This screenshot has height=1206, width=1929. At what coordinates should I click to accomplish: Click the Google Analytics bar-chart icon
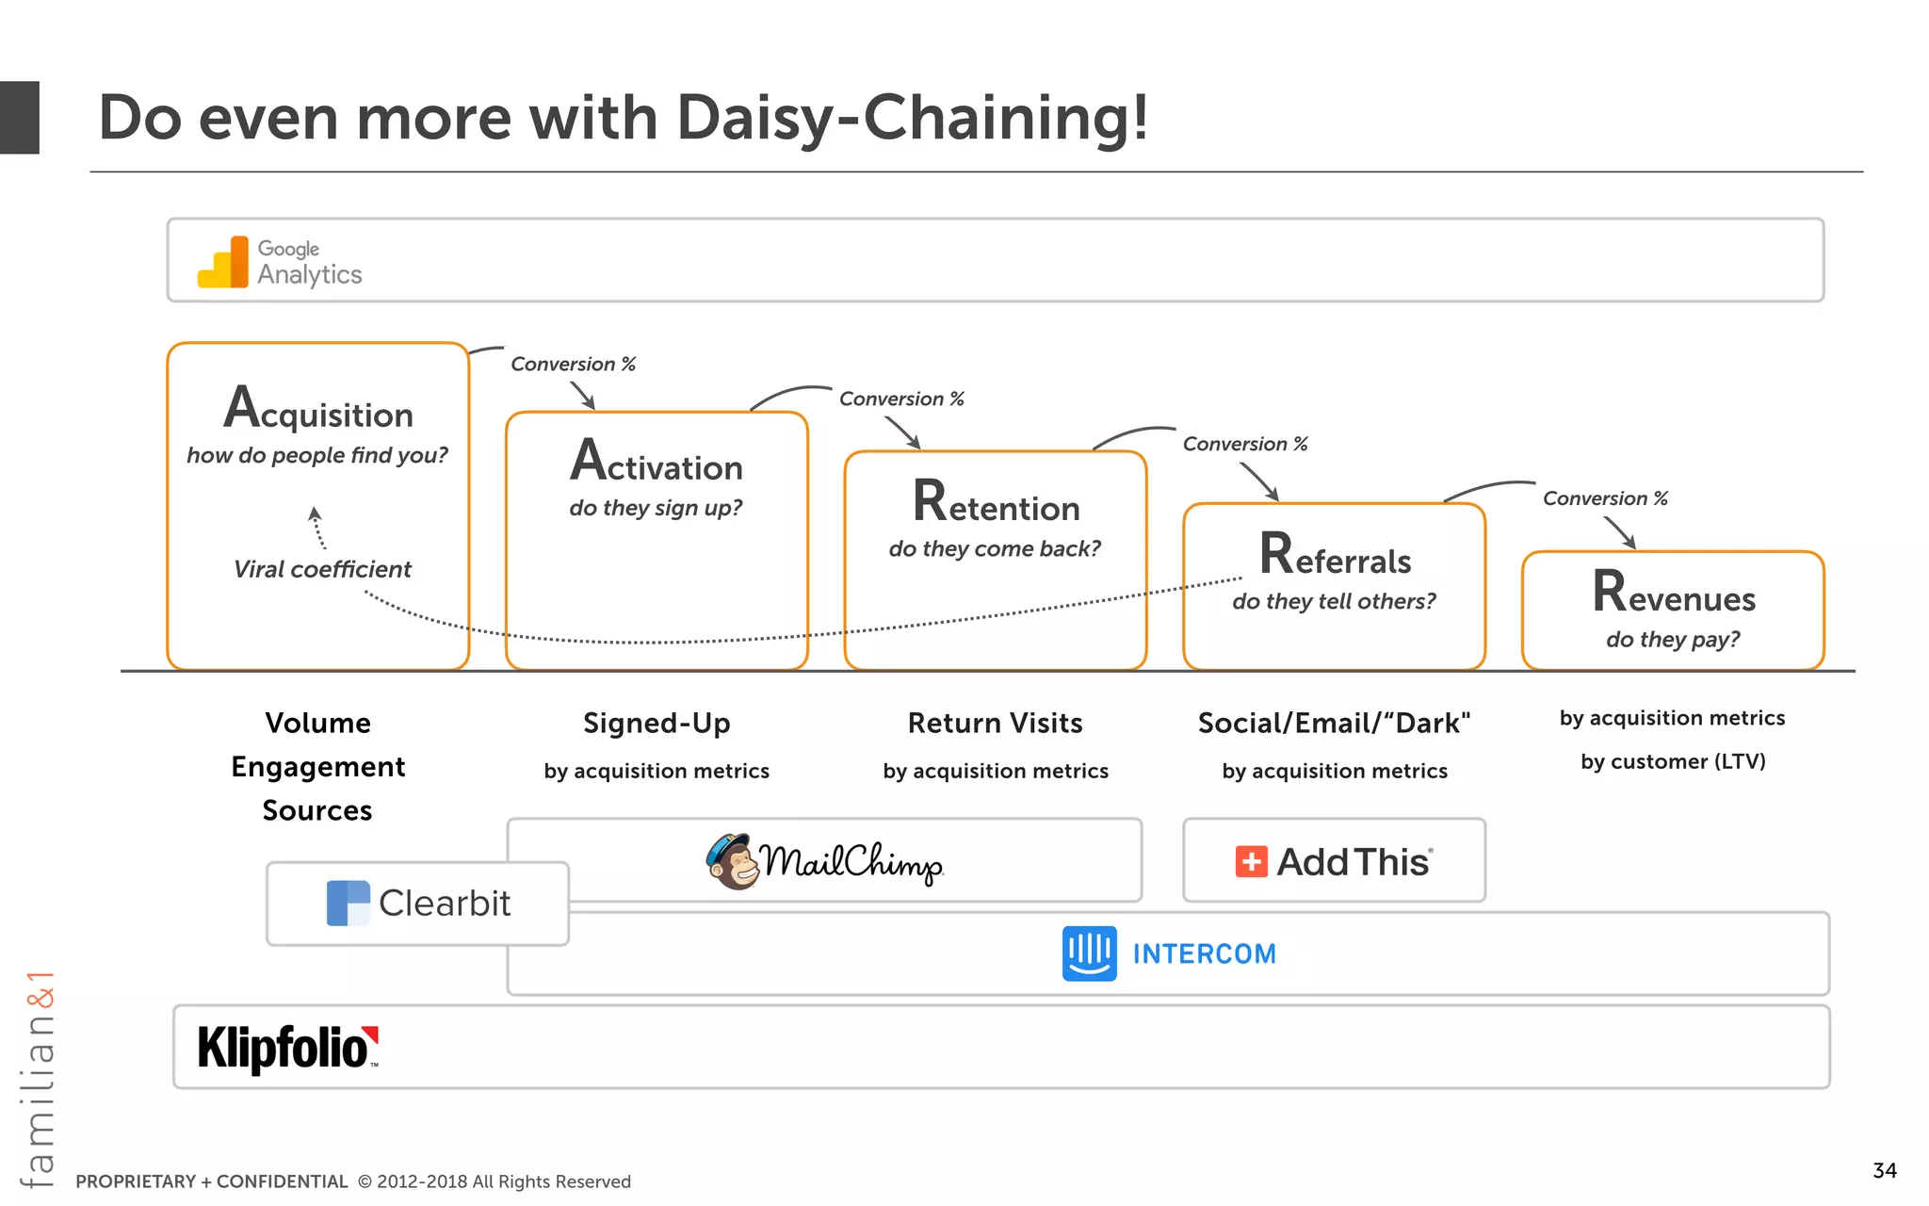[x=223, y=262]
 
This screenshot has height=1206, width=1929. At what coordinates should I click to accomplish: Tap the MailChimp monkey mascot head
[x=734, y=861]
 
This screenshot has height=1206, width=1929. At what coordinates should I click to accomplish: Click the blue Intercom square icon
[x=1089, y=953]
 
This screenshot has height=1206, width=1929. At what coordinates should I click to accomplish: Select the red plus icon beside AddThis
[x=1251, y=861]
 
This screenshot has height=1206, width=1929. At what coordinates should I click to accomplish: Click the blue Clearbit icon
[x=348, y=903]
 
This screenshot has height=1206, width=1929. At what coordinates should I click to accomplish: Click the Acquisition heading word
[x=318, y=409]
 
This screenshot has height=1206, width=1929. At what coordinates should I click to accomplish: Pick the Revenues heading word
[x=1674, y=594]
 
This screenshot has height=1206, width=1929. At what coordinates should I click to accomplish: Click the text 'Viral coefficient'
[x=322, y=569]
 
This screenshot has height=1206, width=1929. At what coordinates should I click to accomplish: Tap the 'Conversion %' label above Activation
[x=573, y=364]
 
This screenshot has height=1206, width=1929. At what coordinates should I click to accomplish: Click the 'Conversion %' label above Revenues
[x=1605, y=498]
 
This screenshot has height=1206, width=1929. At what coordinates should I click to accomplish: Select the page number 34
[x=1884, y=1170]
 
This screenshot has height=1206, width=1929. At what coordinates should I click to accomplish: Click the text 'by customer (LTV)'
[x=1673, y=761]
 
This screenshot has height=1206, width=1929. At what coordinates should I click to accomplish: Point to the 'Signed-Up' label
[x=657, y=723]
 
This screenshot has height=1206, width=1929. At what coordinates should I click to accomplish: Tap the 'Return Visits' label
[x=995, y=723]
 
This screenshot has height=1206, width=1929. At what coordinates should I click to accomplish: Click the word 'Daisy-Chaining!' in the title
[x=912, y=119]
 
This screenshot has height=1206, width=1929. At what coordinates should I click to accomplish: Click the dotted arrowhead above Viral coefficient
[x=315, y=513]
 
